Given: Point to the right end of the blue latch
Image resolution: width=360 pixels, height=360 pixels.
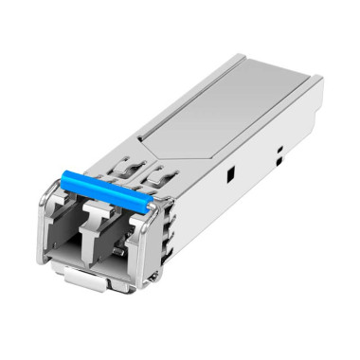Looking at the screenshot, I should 152,204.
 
